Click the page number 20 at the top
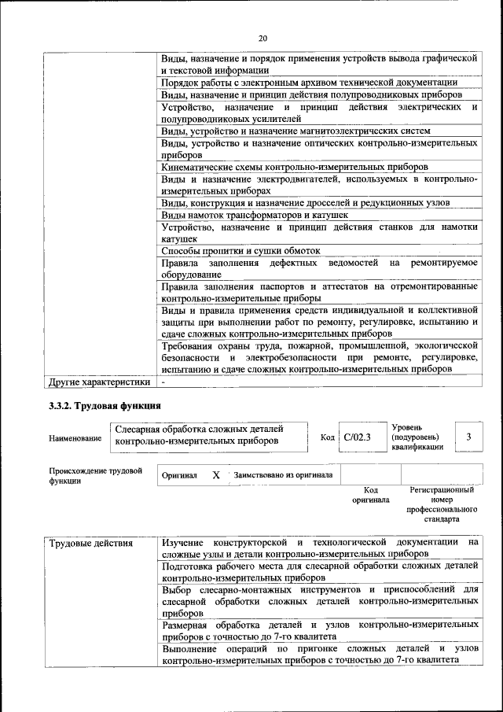click(x=263, y=38)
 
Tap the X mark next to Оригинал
click(x=216, y=475)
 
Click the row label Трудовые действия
click(x=90, y=544)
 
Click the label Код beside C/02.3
click(x=328, y=437)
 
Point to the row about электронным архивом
click(x=309, y=83)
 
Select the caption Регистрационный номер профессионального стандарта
click(x=442, y=504)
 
